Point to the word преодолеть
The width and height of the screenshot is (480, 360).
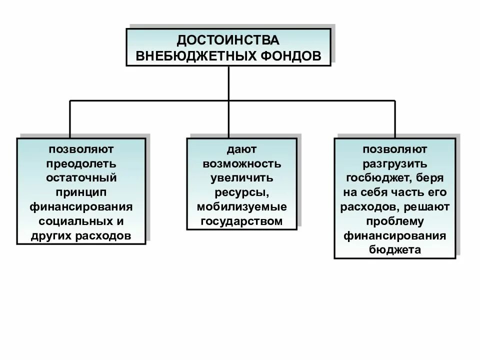81,163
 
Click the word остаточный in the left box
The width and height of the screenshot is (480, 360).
81,178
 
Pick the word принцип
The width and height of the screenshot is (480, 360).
81,192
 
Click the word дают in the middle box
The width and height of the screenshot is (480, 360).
241,149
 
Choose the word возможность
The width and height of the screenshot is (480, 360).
241,163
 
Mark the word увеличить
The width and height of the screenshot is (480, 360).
241,178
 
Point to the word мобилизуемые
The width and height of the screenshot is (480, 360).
241,207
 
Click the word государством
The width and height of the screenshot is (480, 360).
241,221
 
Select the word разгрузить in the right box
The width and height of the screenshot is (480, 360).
394,163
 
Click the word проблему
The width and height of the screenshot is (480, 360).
394,221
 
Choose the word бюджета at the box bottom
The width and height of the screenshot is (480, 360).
394,250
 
